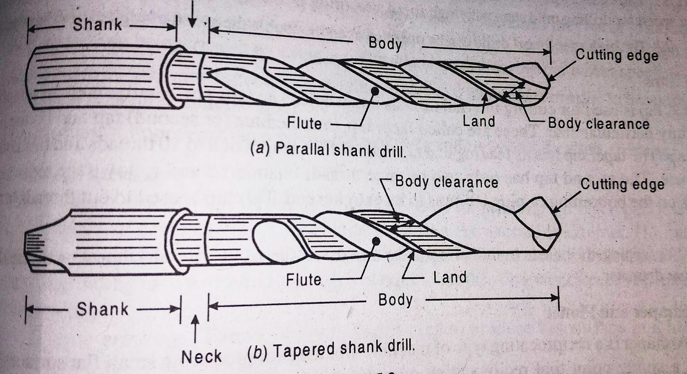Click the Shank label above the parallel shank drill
[97, 24]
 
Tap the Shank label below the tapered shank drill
[102, 309]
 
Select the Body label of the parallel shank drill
[385, 43]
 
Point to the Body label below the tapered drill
[395, 299]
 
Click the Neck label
[201, 357]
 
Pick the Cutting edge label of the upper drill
[617, 55]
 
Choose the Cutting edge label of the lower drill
[622, 184]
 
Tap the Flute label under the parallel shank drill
[304, 123]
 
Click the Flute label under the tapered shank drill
[304, 280]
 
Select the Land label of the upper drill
[479, 122]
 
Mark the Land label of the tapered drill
[450, 277]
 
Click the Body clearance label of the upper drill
[599, 124]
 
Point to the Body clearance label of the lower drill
[447, 182]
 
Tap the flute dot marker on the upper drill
[376, 91]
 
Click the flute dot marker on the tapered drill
[377, 241]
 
